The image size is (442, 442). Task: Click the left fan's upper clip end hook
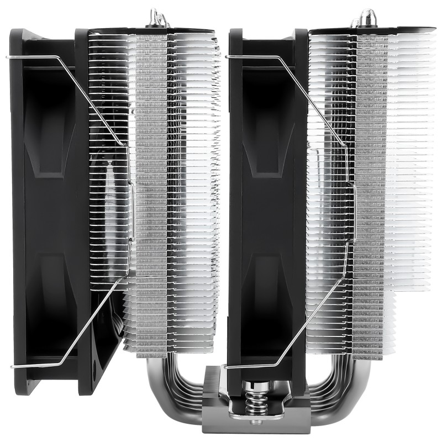pyautogui.click(x=8, y=56)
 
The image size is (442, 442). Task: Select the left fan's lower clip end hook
pyautogui.click(x=12, y=366)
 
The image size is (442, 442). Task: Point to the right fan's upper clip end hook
pyautogui.click(x=227, y=56)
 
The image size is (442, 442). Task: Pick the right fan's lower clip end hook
pyautogui.click(x=225, y=367)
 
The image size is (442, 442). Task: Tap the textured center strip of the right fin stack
pyautogui.click(x=369, y=193)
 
